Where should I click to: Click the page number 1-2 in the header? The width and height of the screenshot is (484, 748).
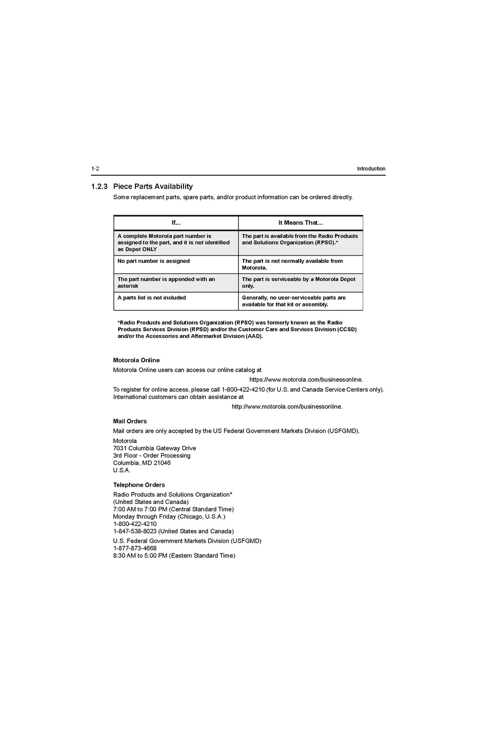click(95, 168)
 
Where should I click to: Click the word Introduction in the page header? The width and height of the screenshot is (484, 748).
click(371, 168)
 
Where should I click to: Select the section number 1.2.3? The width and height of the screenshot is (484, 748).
click(99, 186)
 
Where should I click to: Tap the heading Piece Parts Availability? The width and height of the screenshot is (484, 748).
click(153, 186)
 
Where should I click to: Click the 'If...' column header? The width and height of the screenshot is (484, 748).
click(176, 223)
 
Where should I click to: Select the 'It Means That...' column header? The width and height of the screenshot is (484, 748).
click(300, 223)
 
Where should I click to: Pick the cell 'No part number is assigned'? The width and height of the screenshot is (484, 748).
click(154, 261)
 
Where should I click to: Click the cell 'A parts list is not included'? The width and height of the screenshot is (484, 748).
click(152, 297)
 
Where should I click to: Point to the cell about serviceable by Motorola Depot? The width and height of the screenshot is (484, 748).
click(298, 282)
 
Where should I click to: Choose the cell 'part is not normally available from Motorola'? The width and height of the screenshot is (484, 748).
click(292, 264)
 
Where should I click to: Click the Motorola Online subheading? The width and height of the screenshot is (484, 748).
click(136, 360)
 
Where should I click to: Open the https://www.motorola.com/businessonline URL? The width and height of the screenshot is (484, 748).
click(306, 379)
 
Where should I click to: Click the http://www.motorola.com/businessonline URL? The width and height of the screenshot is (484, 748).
click(287, 406)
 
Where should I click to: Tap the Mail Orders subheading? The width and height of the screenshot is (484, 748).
click(130, 421)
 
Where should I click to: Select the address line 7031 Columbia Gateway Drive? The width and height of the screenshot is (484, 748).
click(155, 448)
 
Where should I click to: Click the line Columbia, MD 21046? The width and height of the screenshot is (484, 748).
click(142, 463)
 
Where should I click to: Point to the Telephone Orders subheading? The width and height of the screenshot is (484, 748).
click(139, 485)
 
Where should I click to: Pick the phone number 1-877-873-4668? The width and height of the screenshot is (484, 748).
click(135, 548)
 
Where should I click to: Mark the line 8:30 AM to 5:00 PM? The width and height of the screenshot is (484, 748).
click(174, 556)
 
